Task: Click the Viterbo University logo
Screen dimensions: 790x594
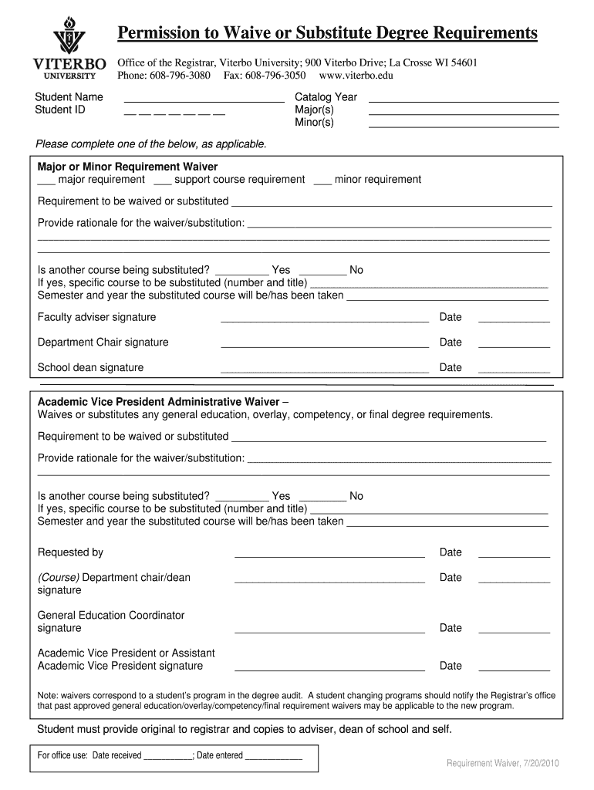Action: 69,47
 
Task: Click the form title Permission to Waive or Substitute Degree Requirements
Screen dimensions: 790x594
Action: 327,32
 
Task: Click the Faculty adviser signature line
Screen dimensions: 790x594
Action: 324,320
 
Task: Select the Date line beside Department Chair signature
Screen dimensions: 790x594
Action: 514,346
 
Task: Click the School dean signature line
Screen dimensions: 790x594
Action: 324,371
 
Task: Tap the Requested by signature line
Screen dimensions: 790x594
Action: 329,555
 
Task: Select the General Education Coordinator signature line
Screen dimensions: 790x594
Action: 329,631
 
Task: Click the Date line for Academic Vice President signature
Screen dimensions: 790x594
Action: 514,669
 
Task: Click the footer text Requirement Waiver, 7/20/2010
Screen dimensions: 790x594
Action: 502,763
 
